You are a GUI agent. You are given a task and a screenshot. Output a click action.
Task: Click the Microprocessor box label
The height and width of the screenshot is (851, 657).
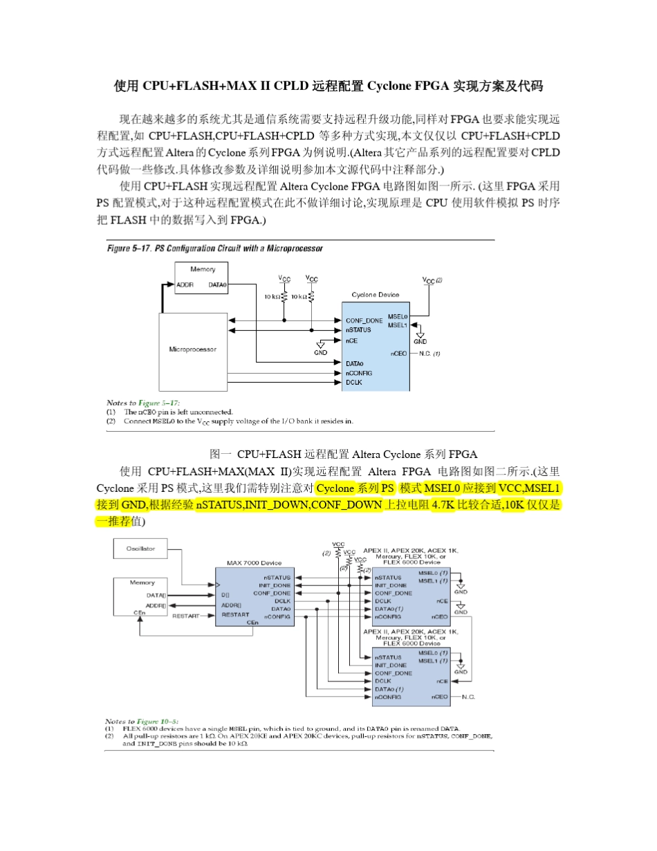coord(192,349)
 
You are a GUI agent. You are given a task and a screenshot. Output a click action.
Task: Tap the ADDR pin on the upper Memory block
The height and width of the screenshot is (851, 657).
coord(185,284)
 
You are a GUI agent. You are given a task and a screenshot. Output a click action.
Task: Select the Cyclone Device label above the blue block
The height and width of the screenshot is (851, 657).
coord(375,295)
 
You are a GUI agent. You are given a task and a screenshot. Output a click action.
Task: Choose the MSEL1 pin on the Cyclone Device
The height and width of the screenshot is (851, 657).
coord(397,325)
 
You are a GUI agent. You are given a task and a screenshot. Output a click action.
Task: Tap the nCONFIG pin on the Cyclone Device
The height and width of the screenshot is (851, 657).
coord(358,373)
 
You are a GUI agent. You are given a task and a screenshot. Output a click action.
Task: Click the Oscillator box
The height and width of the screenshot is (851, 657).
coord(140,549)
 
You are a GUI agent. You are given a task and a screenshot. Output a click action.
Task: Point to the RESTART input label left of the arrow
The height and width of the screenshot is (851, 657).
coord(185,615)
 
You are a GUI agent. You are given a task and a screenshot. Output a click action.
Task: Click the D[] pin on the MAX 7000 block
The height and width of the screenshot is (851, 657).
coord(225,594)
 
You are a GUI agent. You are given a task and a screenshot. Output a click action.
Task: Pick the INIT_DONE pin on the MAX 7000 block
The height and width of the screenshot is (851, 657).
coord(276,585)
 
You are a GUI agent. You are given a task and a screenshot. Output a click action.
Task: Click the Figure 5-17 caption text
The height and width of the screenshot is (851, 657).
coord(214,248)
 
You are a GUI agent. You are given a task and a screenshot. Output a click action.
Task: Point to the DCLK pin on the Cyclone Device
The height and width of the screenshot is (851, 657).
coord(353,382)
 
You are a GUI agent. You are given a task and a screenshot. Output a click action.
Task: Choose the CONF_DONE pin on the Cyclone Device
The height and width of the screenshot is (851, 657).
coord(364,320)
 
